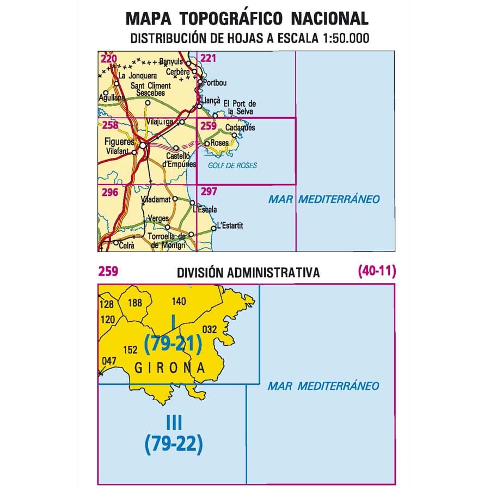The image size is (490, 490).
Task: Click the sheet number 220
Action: pos(109,58)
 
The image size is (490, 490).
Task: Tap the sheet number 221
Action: pos(209,58)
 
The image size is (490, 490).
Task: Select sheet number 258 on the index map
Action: pos(109,125)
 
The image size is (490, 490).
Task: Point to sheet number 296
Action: pos(109,192)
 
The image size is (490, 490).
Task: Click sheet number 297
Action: pos(209,192)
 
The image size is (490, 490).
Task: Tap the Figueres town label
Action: pos(119,142)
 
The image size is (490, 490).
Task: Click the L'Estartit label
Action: pos(229,225)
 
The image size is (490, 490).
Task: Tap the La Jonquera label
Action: pos(138,76)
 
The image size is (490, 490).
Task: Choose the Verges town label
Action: pos(158,219)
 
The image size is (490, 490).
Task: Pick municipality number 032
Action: pos(209,329)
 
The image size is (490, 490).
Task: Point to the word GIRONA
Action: pos(169,368)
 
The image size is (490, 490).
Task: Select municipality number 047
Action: pos(109,360)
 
